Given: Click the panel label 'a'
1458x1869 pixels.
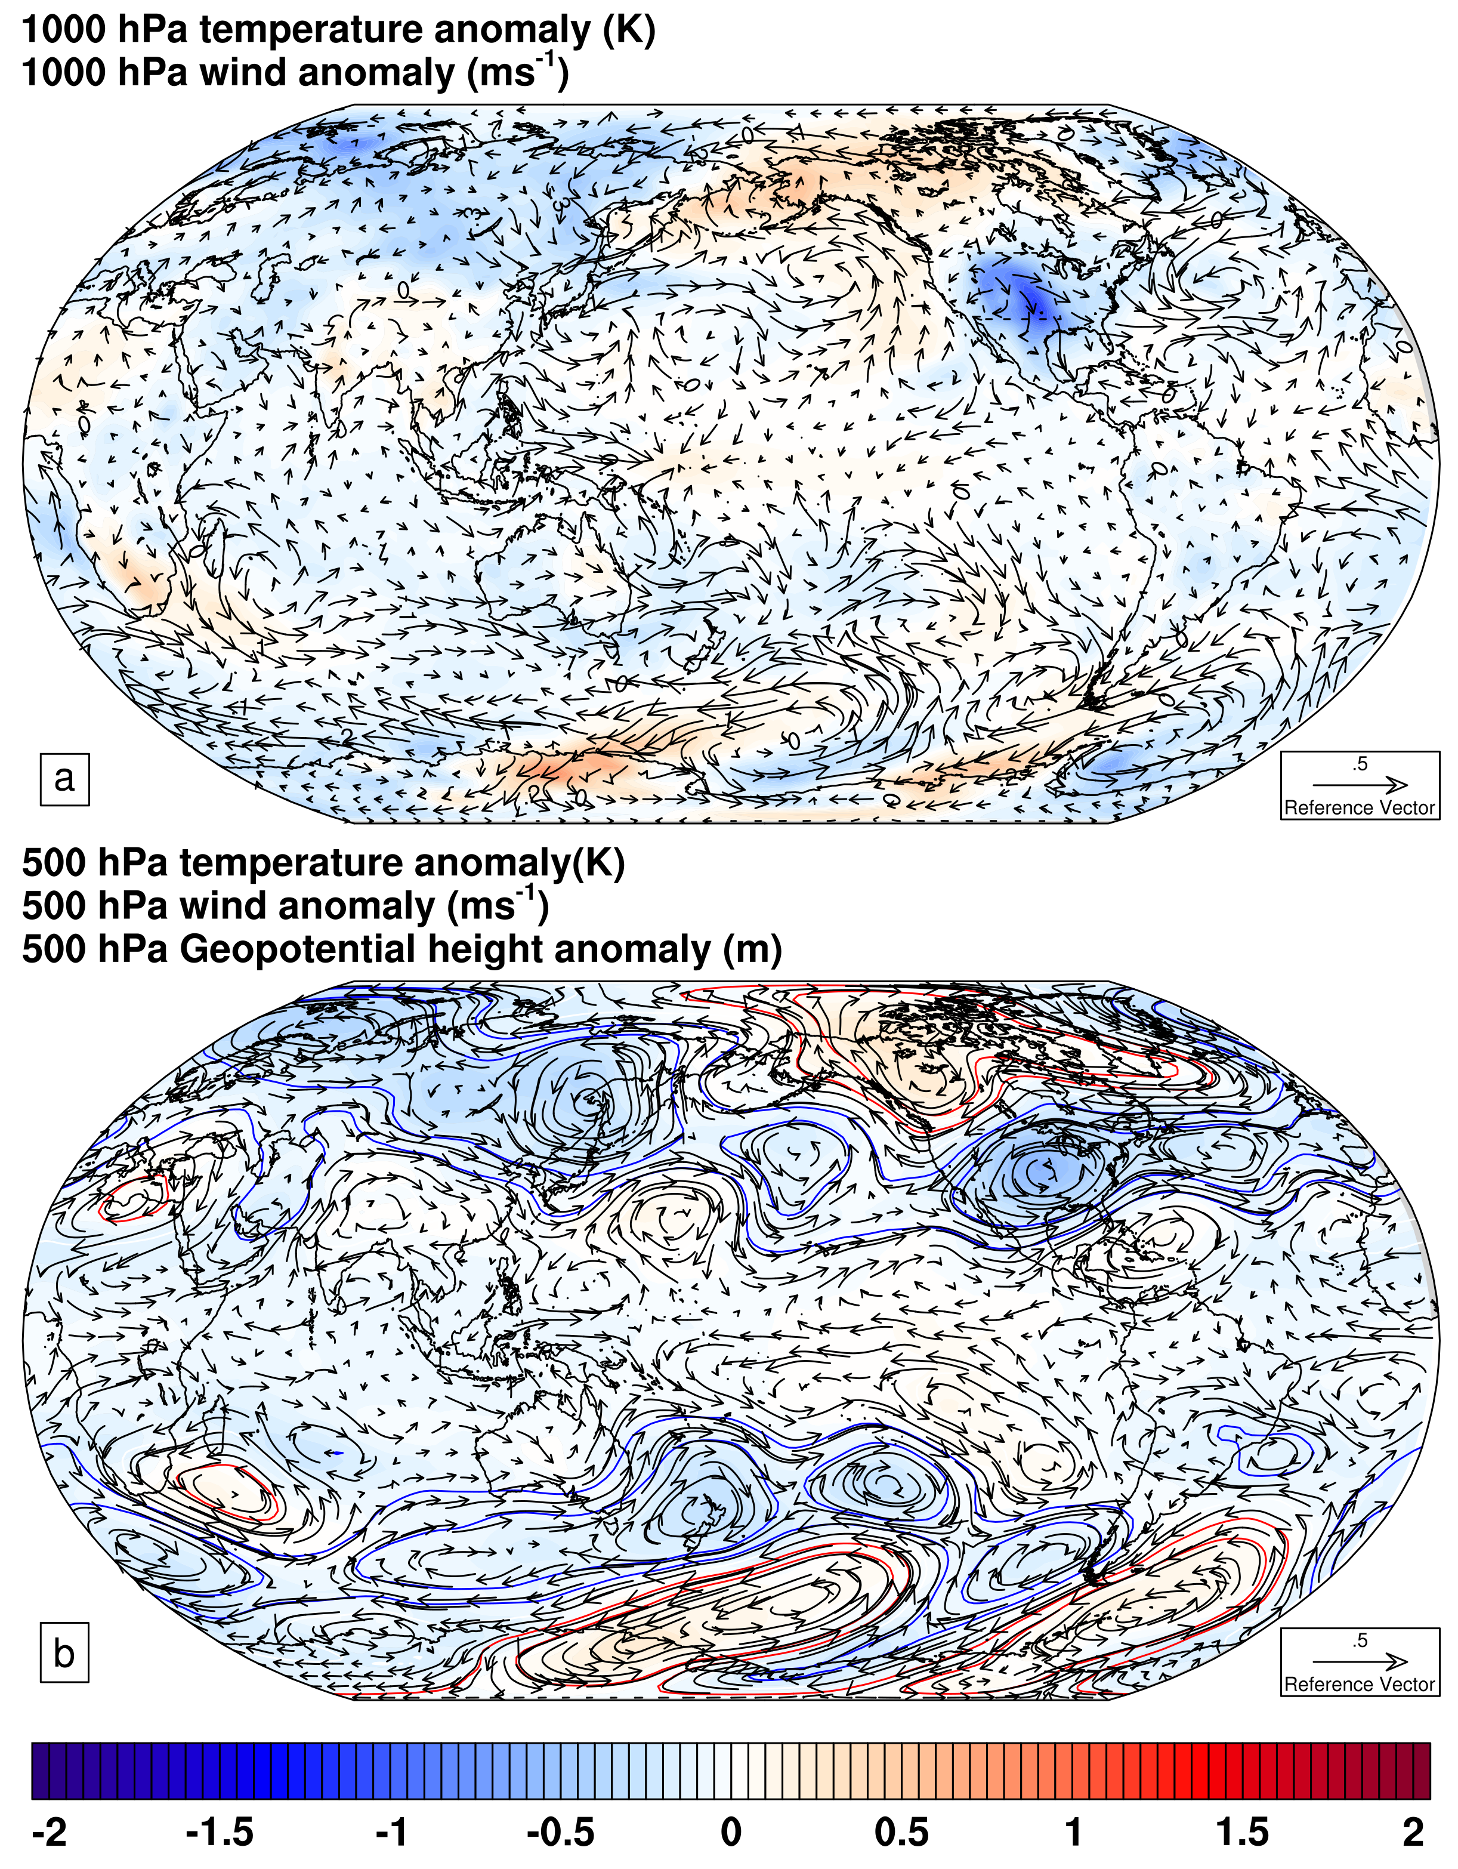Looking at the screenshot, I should [64, 779].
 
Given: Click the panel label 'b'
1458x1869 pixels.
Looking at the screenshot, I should [64, 1654].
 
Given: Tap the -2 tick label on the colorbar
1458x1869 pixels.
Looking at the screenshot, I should [49, 1833].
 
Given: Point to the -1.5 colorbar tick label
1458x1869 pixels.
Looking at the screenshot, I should [220, 1833].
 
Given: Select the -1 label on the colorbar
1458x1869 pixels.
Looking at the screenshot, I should [392, 1833].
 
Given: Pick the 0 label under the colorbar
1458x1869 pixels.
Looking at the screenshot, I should [731, 1833].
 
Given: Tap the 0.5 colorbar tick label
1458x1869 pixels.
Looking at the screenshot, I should [902, 1833].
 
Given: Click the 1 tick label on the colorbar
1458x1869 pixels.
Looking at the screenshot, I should [1073, 1833].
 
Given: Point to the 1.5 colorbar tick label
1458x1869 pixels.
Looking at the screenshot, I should [1243, 1833].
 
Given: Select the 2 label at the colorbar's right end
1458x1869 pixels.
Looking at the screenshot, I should [1413, 1833].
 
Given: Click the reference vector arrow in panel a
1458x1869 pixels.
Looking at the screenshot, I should [1360, 784].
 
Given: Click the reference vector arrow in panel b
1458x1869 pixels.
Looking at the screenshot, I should [1360, 1660].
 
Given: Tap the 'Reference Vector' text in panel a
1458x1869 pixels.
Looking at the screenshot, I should [1360, 808].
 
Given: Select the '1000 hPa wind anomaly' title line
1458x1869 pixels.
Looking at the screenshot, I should [295, 72].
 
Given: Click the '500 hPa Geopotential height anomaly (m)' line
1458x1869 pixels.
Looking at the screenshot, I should [402, 950].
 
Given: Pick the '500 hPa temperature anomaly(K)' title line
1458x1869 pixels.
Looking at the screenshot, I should [323, 863].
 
